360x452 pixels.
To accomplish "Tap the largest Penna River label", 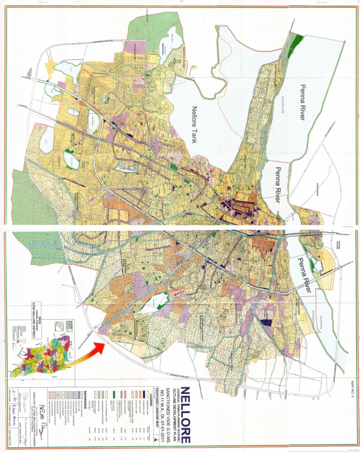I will [304, 102].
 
